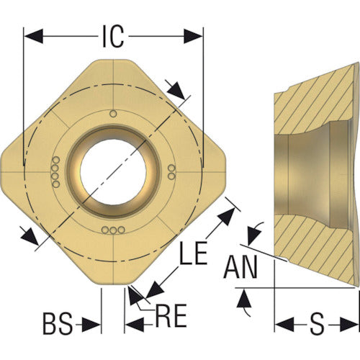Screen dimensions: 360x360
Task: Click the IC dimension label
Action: (x=113, y=37)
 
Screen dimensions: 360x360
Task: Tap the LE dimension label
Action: (x=194, y=253)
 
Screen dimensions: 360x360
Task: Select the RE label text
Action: (x=171, y=315)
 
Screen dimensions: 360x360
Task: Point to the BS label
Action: (x=58, y=323)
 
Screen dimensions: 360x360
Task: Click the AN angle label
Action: (x=240, y=267)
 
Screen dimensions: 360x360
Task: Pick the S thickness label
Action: (x=317, y=323)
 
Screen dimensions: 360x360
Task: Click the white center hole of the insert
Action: (x=113, y=171)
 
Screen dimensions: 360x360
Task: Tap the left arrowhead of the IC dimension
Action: (x=34, y=37)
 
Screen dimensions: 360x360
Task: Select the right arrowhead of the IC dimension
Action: (x=194, y=37)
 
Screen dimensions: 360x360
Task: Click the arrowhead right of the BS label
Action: (x=91, y=325)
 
